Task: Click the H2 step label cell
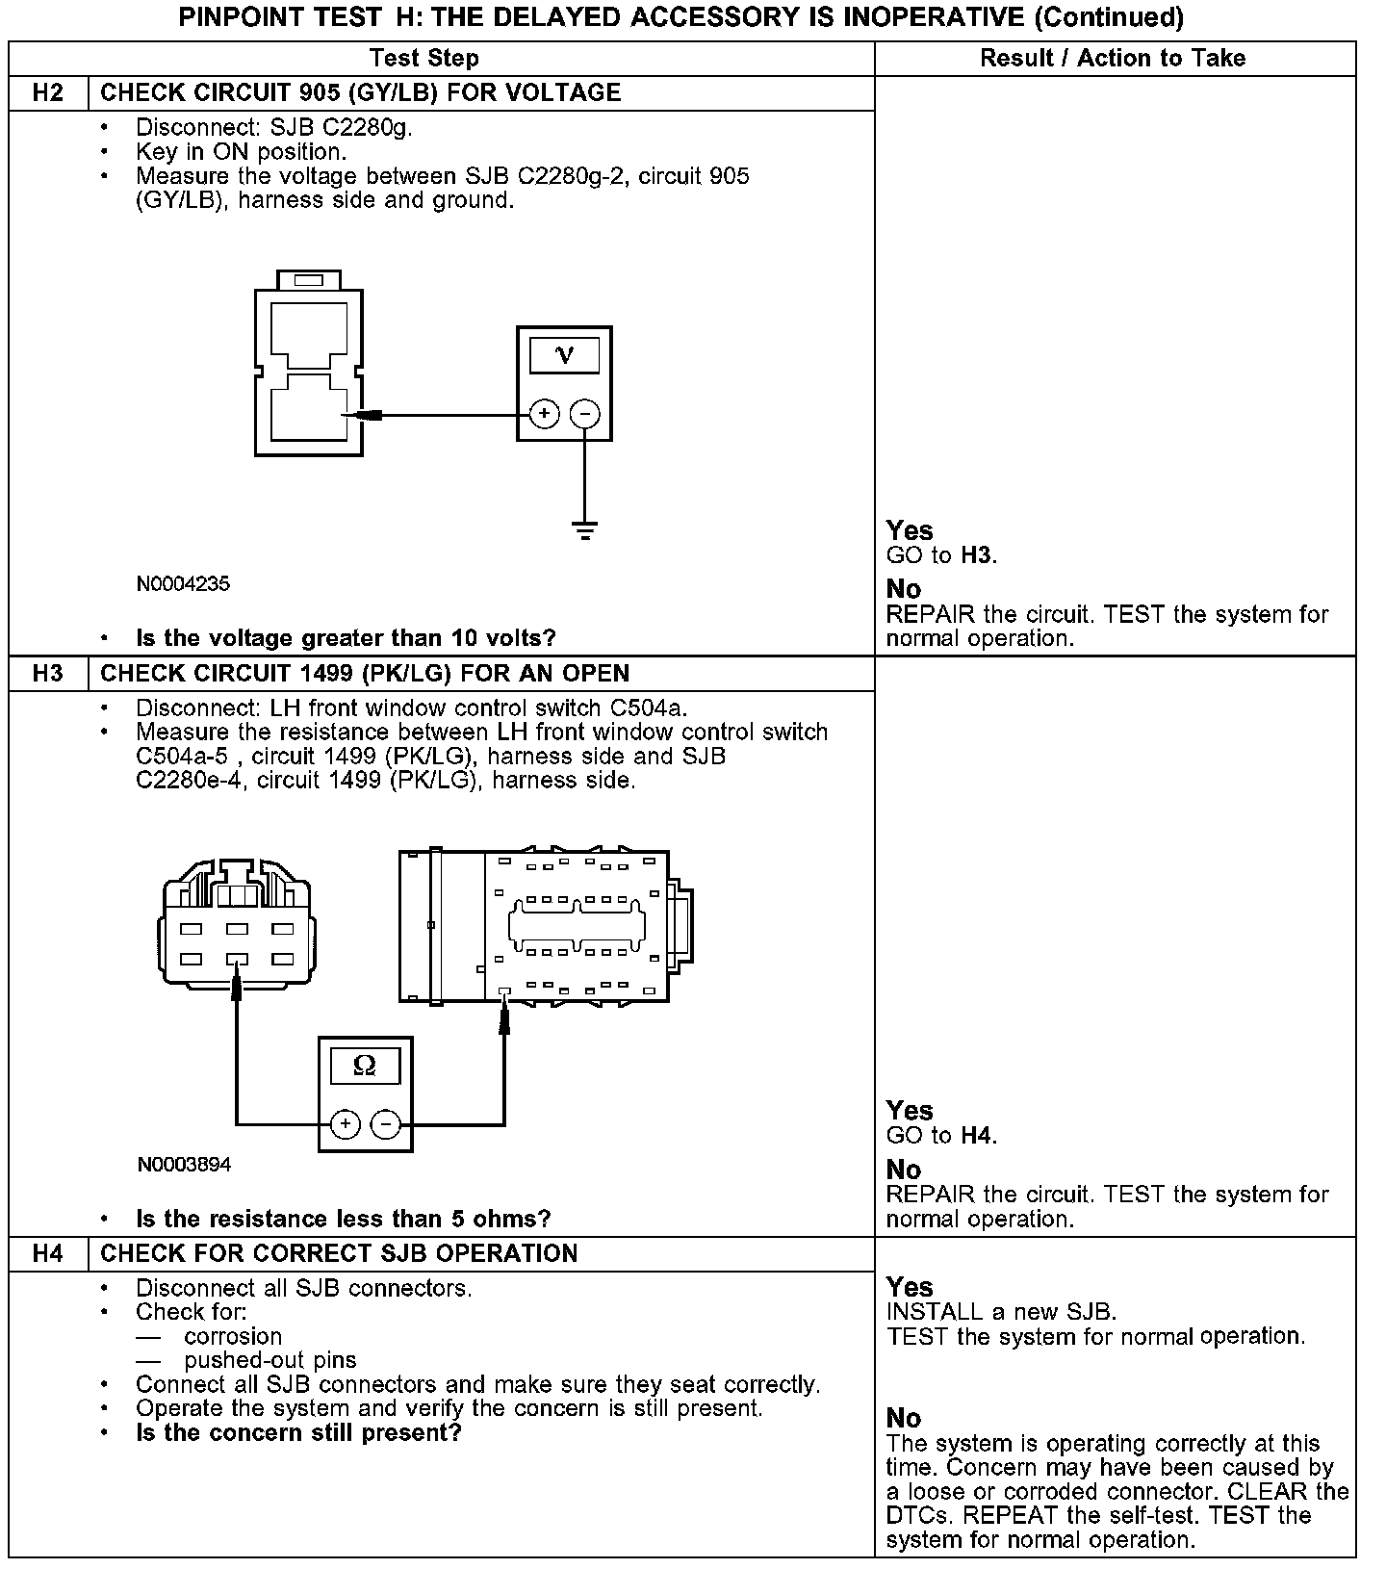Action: (x=48, y=93)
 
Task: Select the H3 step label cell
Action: (x=48, y=674)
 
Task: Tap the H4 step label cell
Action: (x=48, y=1253)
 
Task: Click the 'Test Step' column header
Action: (x=424, y=59)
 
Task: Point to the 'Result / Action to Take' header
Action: (x=1113, y=59)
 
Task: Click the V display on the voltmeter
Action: (x=565, y=356)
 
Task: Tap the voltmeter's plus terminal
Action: (x=545, y=415)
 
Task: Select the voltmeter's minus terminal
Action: (x=585, y=415)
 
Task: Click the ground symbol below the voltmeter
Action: (x=585, y=530)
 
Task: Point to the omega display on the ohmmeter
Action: (x=365, y=1066)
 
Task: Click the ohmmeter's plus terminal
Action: (x=345, y=1124)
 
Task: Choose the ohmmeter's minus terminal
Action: (x=386, y=1124)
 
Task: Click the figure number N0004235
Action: (x=183, y=584)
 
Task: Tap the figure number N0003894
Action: (x=184, y=1165)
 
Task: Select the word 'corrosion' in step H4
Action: (x=233, y=1336)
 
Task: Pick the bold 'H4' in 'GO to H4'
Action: (x=977, y=1136)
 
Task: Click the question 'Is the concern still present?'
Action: (x=298, y=1433)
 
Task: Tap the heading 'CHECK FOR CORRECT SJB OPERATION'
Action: (x=339, y=1253)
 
